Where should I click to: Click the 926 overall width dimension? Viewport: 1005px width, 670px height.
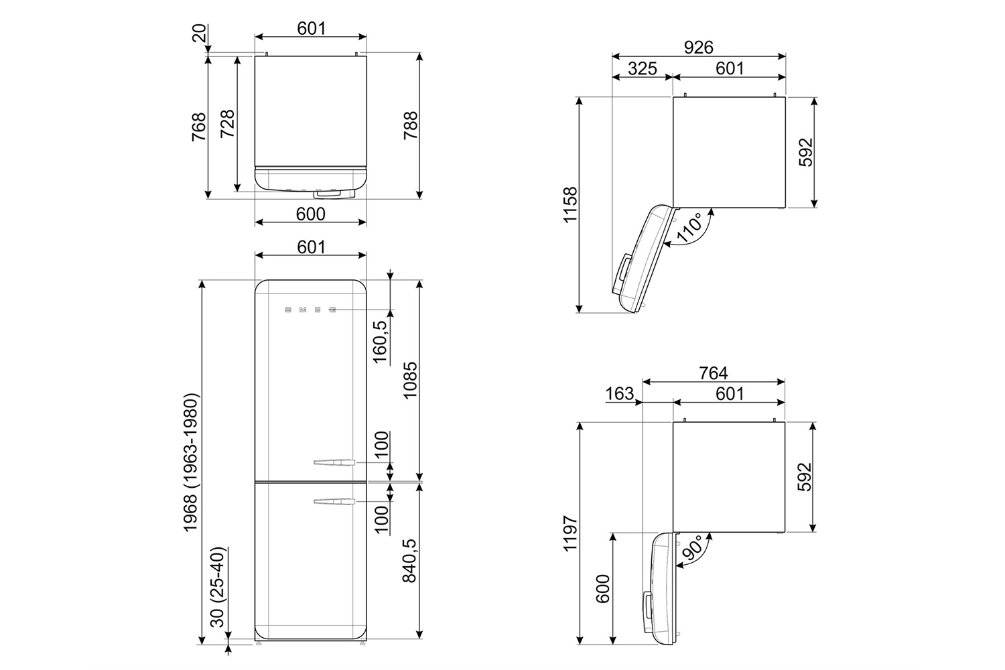pos(699,48)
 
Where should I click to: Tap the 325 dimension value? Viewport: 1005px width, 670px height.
pos(642,68)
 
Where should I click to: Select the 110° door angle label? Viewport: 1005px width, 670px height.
pos(689,228)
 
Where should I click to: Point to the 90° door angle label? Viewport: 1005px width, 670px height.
pos(691,548)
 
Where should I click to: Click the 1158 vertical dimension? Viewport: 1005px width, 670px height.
pos(570,204)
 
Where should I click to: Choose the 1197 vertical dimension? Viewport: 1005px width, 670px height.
pos(570,533)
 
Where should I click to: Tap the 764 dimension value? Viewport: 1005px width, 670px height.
pos(714,373)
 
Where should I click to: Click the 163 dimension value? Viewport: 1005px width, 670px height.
pos(619,393)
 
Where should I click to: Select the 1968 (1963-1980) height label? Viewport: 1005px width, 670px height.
pos(191,463)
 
